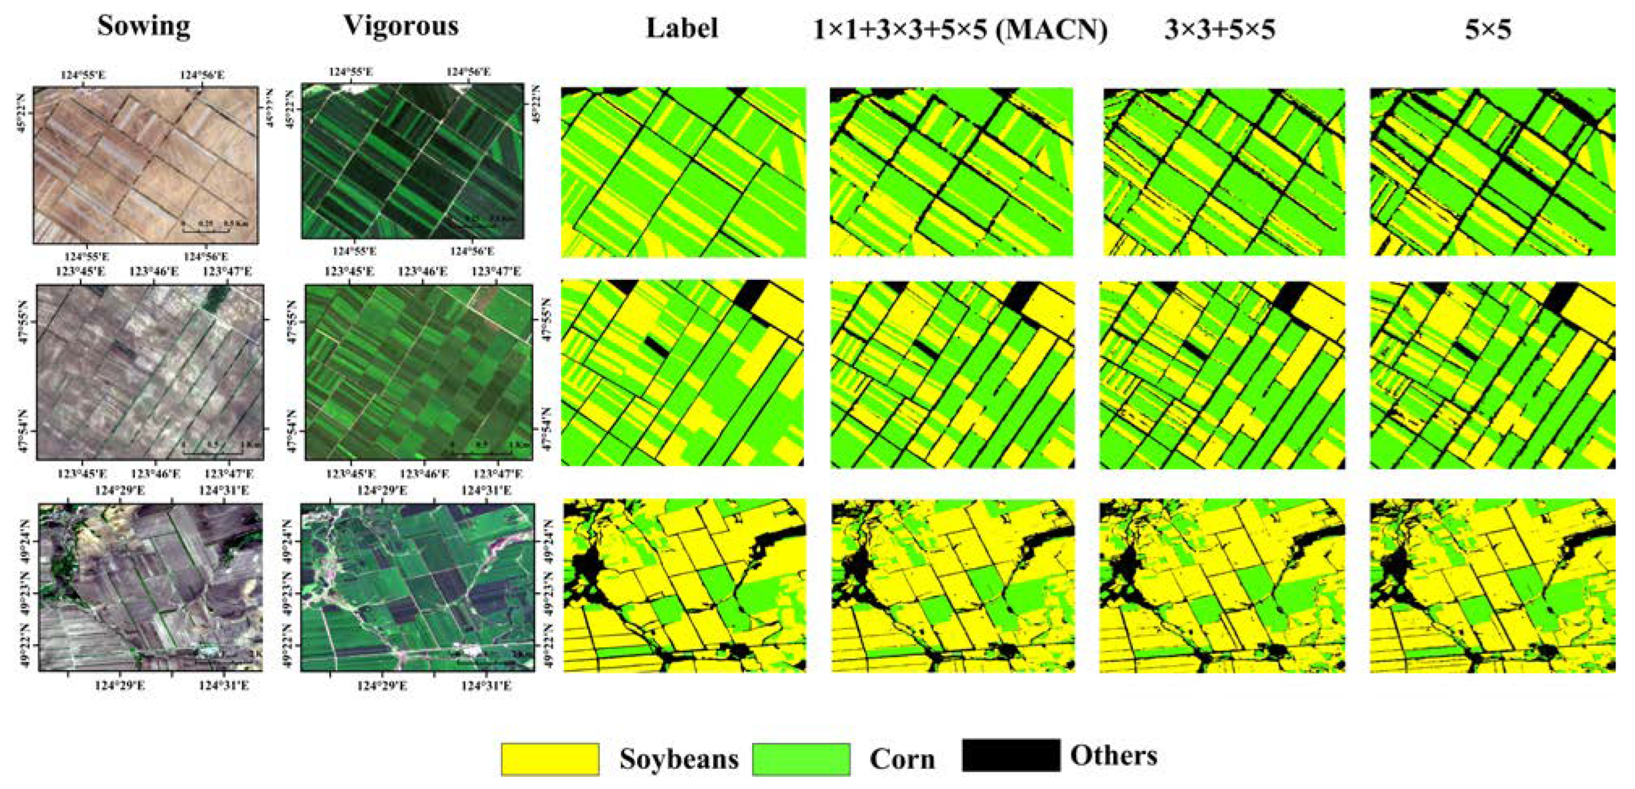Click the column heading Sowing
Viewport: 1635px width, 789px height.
point(143,27)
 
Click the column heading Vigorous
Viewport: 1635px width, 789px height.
point(400,27)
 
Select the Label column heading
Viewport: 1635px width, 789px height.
point(682,29)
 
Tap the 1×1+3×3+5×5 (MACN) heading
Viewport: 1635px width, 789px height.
point(960,30)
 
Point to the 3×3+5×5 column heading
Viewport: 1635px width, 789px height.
point(1219,30)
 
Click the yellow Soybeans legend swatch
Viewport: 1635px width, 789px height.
point(550,759)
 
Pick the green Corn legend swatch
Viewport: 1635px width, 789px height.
point(801,759)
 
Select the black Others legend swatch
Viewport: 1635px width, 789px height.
point(1011,755)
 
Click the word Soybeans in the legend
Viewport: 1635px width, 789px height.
point(679,759)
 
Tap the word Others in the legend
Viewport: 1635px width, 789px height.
point(1113,756)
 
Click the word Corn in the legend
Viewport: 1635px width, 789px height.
point(902,759)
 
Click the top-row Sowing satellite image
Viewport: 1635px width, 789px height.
point(145,165)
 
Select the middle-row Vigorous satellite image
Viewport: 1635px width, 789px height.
point(418,372)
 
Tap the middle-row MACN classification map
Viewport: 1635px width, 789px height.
point(952,374)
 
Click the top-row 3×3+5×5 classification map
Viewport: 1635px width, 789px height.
point(1224,172)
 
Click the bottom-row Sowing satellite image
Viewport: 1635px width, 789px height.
point(150,587)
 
